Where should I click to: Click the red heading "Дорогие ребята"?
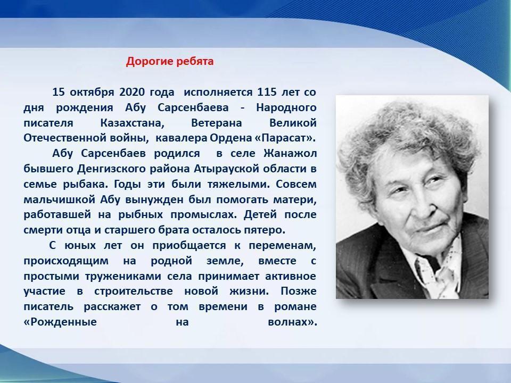pyautogui.click(x=170, y=61)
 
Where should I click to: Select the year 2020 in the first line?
pyautogui.click(x=132, y=92)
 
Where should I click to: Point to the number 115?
pyautogui.click(x=267, y=92)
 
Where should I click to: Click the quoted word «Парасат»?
pyautogui.click(x=284, y=138)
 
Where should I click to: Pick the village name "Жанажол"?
pyautogui.click(x=290, y=153)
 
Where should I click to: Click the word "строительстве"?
pyautogui.click(x=134, y=291)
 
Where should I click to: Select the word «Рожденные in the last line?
pyautogui.click(x=60, y=322)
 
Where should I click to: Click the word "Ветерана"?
pyautogui.click(x=217, y=123)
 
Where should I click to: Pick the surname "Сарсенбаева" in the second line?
pyautogui.click(x=193, y=107)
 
